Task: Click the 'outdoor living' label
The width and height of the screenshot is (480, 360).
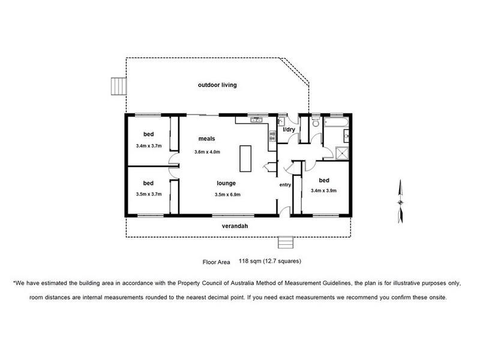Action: pyautogui.click(x=217, y=85)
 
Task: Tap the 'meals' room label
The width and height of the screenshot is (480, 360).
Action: pyautogui.click(x=206, y=139)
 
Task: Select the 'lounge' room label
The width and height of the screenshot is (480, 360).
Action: pyautogui.click(x=226, y=183)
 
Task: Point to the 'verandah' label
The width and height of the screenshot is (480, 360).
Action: pyautogui.click(x=235, y=226)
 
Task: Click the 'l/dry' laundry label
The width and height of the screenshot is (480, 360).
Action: pyautogui.click(x=289, y=130)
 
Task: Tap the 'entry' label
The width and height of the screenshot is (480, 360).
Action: pyautogui.click(x=285, y=185)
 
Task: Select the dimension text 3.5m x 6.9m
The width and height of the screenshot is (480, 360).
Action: pyautogui.click(x=227, y=194)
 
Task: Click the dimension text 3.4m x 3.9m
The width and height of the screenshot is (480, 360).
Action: pyautogui.click(x=323, y=190)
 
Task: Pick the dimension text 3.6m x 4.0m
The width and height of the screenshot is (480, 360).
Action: pyautogui.click(x=207, y=152)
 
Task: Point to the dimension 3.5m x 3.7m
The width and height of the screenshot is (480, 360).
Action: pyautogui.click(x=149, y=194)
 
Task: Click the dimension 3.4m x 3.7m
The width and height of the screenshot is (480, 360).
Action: pyautogui.click(x=149, y=146)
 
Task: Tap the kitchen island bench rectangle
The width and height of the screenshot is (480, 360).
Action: pyautogui.click(x=245, y=158)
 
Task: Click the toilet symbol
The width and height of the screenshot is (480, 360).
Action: pyautogui.click(x=316, y=122)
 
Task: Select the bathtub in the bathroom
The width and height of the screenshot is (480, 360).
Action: pyautogui.click(x=336, y=123)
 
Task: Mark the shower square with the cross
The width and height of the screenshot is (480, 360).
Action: pyautogui.click(x=342, y=154)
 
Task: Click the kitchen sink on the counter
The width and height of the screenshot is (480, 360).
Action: pyautogui.click(x=257, y=119)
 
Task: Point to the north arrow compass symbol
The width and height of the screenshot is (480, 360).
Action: pyautogui.click(x=400, y=202)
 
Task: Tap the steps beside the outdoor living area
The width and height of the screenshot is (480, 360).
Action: pyautogui.click(x=119, y=86)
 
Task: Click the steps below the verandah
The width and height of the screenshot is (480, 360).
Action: pyautogui.click(x=286, y=242)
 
